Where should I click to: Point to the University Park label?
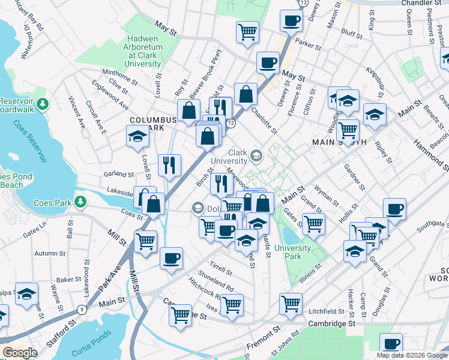coord(292,253)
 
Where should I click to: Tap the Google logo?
coord(20,353)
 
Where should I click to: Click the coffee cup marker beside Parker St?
coord(291,21)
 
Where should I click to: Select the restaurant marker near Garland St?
coord(169,165)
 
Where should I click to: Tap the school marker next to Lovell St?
coord(137,137)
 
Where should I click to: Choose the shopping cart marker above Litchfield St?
coord(291,303)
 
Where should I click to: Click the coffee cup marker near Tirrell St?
coord(171,258)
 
